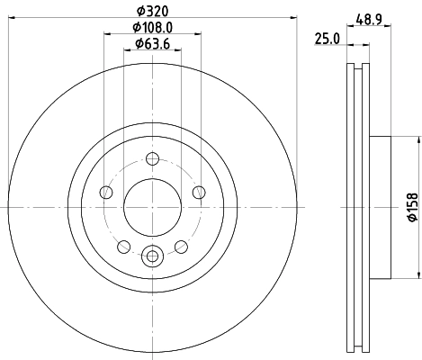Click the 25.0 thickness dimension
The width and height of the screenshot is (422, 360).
(326, 37)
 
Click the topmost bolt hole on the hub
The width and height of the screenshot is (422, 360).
(151, 160)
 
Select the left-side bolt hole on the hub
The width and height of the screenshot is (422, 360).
(107, 192)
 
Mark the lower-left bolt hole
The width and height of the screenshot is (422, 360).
(123, 245)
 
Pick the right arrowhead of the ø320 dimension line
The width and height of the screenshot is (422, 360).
(292, 20)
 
